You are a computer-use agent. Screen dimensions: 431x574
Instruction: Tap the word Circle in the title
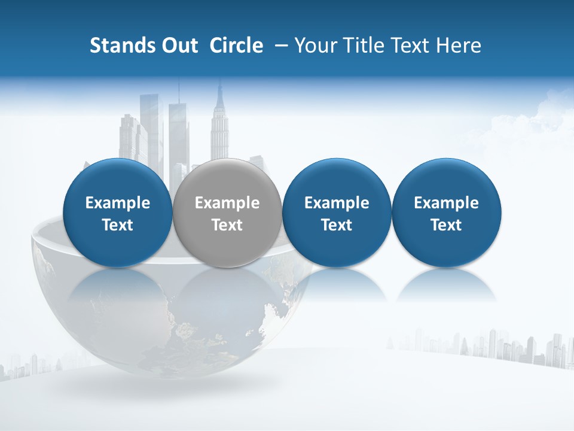[x=236, y=45]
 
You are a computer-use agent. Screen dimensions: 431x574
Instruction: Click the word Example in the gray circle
[x=227, y=203]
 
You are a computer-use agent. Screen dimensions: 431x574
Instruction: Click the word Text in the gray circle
[x=227, y=225]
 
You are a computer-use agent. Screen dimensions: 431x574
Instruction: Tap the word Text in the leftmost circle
[x=117, y=225]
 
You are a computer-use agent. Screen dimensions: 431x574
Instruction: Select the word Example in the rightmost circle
[x=446, y=203]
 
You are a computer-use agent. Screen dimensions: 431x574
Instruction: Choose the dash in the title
[x=279, y=45]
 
